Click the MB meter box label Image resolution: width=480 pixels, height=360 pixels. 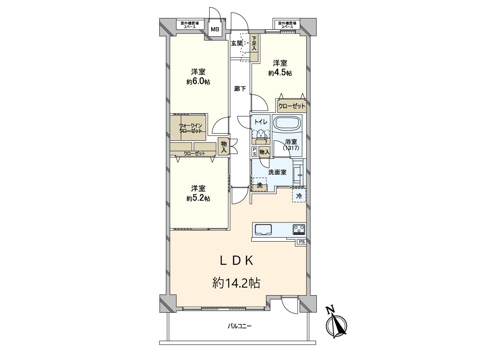coord(215,30)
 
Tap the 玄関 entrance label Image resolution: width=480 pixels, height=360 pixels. coord(236,44)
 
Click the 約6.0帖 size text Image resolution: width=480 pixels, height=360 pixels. coord(198,82)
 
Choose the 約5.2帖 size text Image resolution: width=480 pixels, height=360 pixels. coord(198,198)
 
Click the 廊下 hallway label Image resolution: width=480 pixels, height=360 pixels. coord(240,89)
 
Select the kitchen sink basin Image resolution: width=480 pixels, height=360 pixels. coord(263,229)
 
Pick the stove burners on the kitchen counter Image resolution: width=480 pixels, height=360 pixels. coord(299,229)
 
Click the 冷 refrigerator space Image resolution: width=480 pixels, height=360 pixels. coord(299,196)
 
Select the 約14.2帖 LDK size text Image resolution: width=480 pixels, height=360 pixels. coord(236,283)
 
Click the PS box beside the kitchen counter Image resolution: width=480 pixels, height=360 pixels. coord(301,242)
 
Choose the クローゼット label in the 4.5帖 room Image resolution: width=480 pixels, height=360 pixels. coord(292,106)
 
